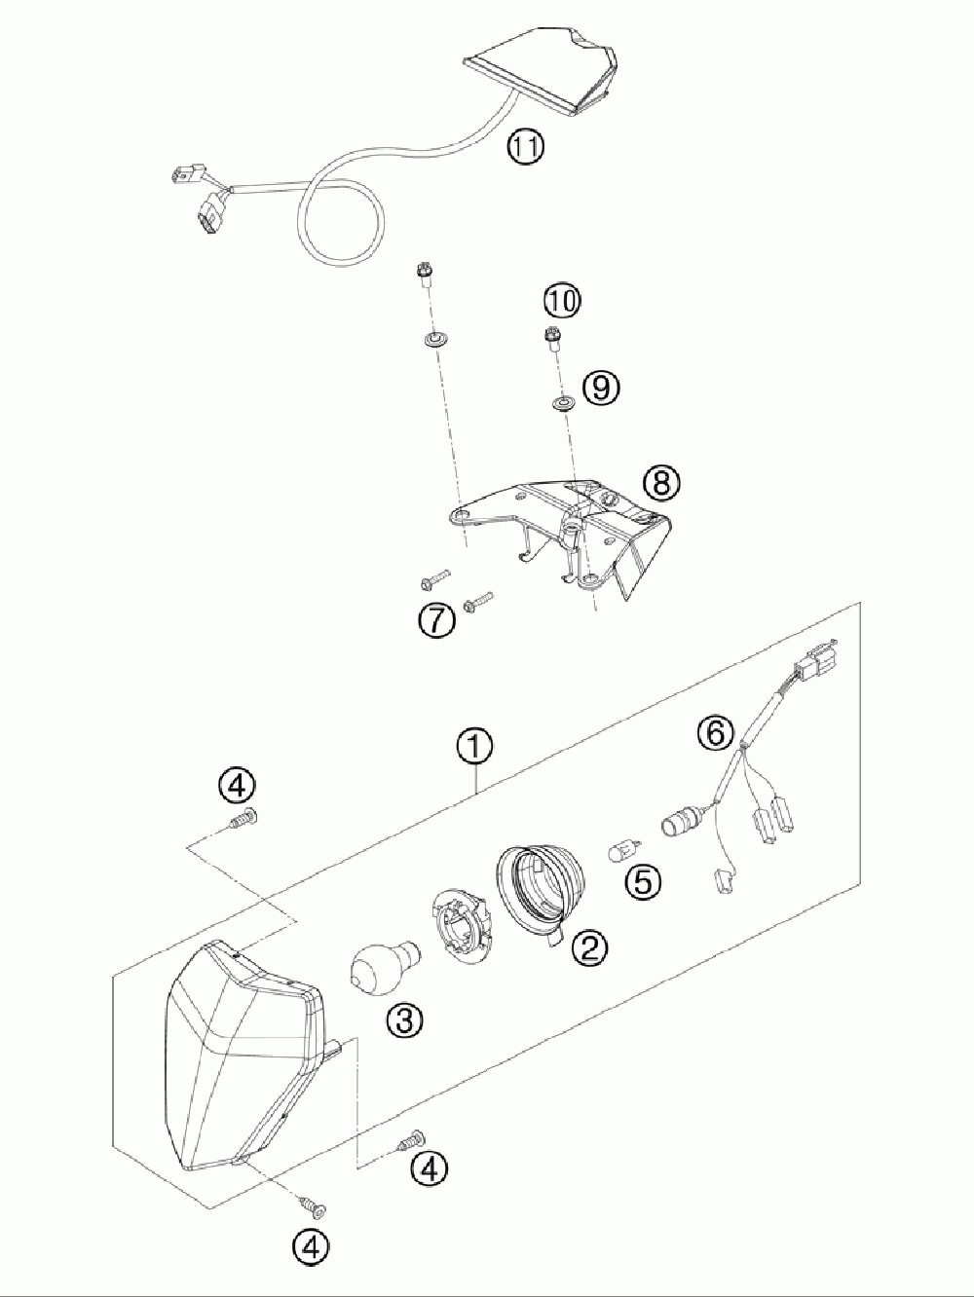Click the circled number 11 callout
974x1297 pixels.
526,148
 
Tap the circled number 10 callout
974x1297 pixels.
561,302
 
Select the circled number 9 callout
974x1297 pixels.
600,388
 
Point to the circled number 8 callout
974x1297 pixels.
661,480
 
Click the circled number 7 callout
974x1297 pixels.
437,620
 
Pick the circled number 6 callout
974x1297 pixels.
716,731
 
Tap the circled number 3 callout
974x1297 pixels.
403,1020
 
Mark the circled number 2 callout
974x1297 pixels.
590,945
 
